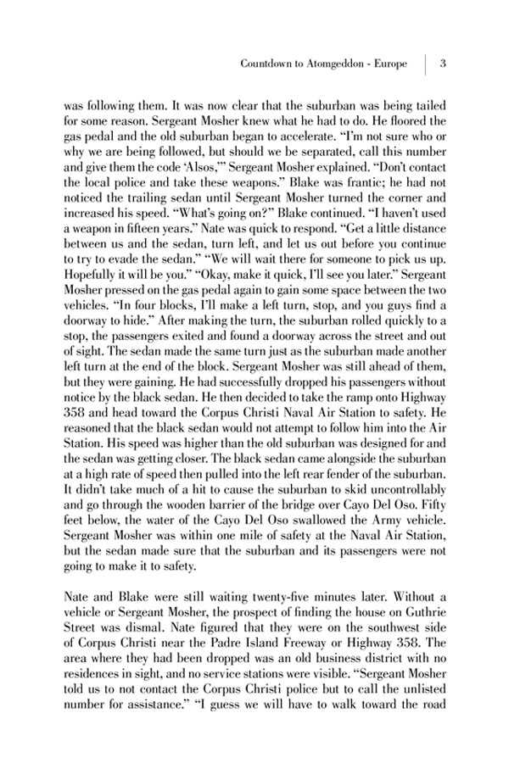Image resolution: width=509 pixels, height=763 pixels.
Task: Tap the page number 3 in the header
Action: (x=444, y=64)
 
